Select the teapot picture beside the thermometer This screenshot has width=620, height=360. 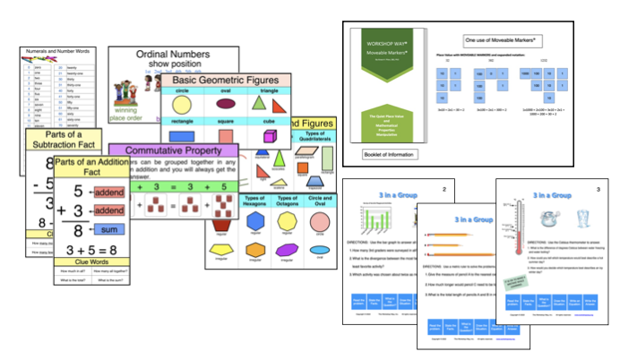(546, 219)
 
